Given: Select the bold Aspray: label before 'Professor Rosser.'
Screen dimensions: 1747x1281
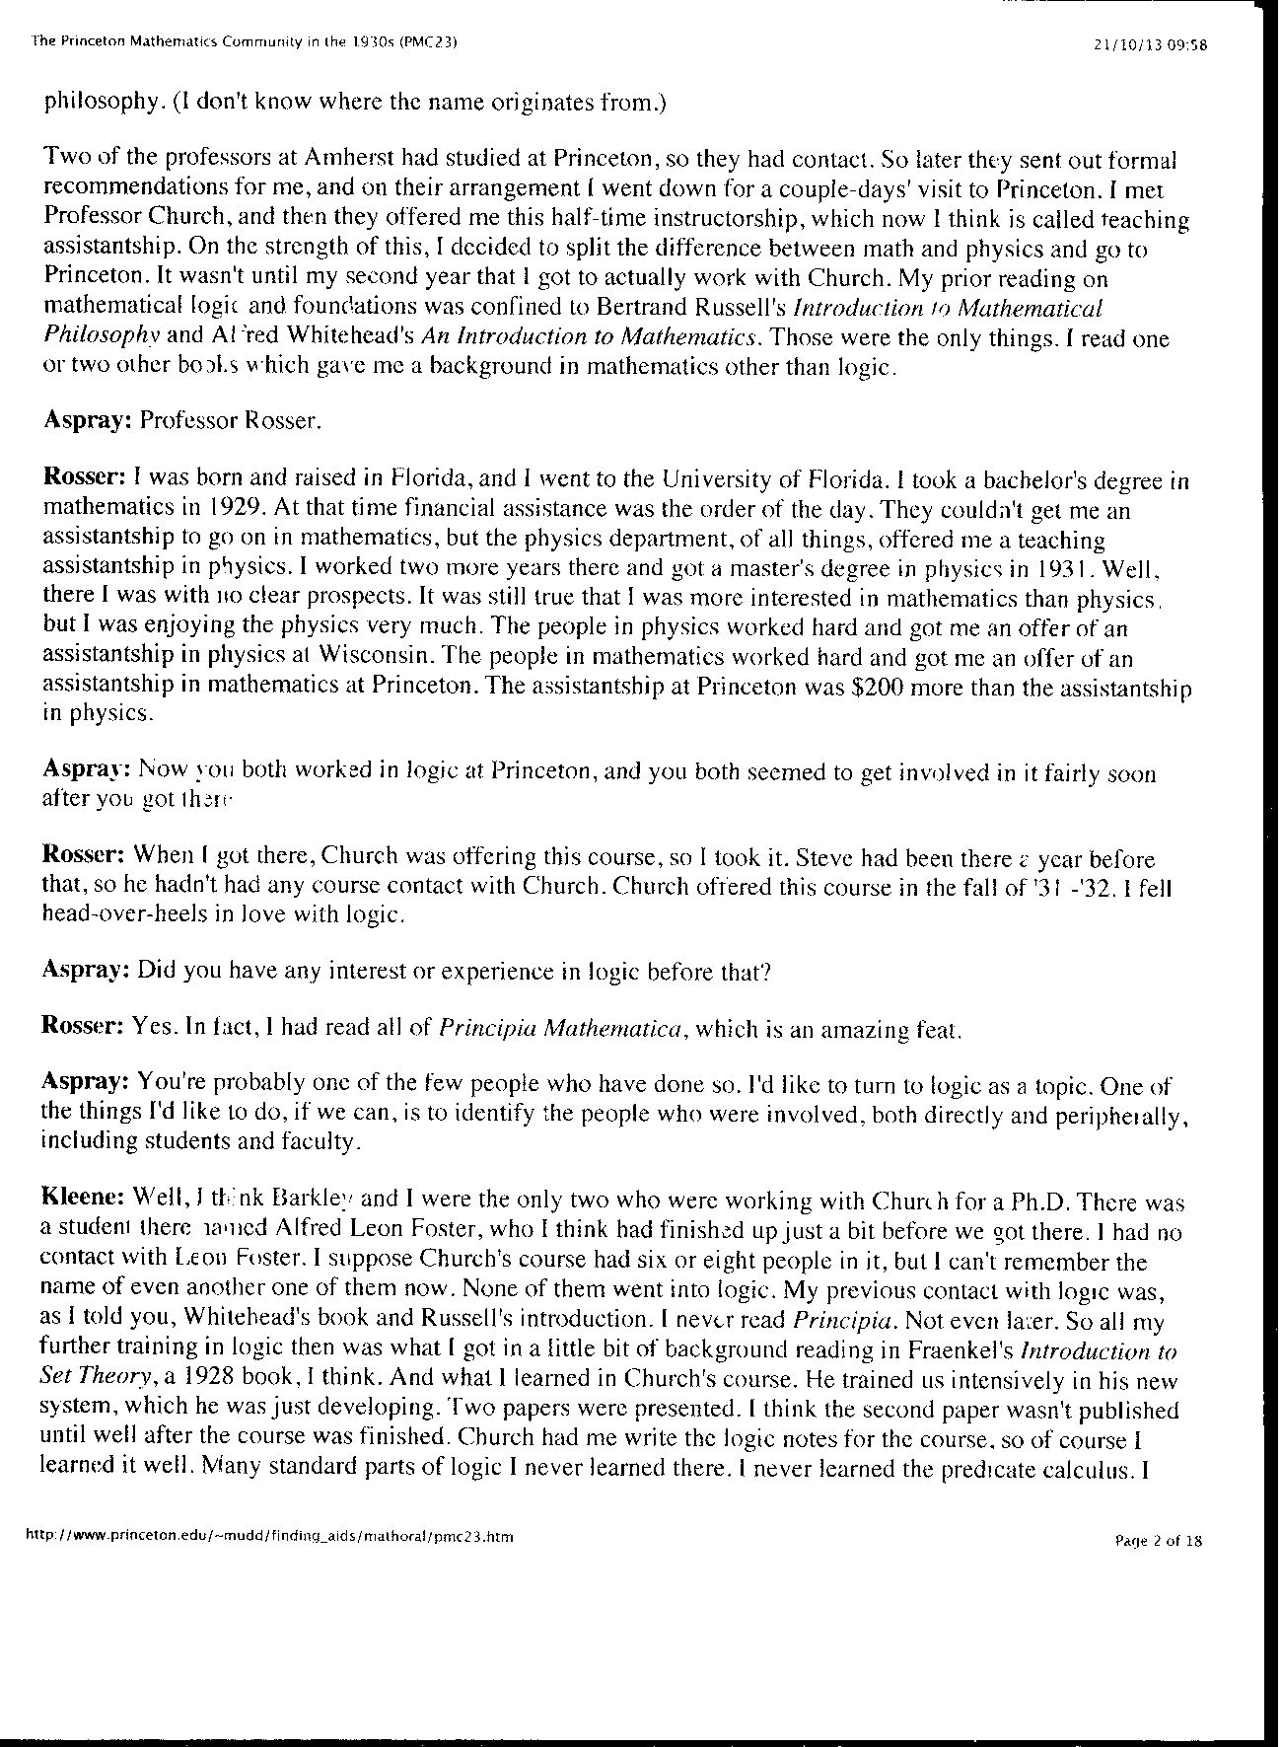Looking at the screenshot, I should pyautogui.click(x=88, y=421).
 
